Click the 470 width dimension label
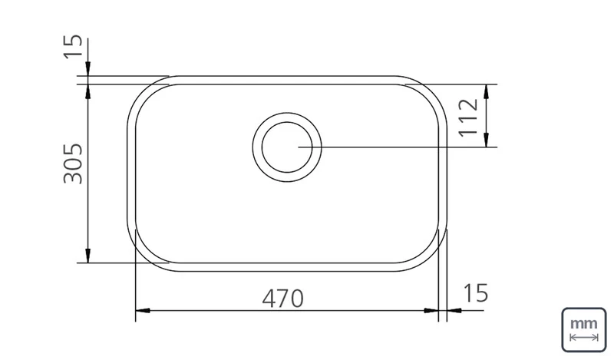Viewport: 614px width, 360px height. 282,299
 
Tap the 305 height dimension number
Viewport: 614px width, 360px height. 73,163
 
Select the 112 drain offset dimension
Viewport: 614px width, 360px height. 468,117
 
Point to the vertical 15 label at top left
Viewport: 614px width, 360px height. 73,47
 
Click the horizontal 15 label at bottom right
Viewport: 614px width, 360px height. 475,293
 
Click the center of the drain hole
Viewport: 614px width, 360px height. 287,147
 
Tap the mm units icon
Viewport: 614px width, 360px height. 584,330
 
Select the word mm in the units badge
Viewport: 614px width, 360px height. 584,324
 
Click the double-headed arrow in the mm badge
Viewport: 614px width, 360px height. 584,337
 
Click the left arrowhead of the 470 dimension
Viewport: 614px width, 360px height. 143,311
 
